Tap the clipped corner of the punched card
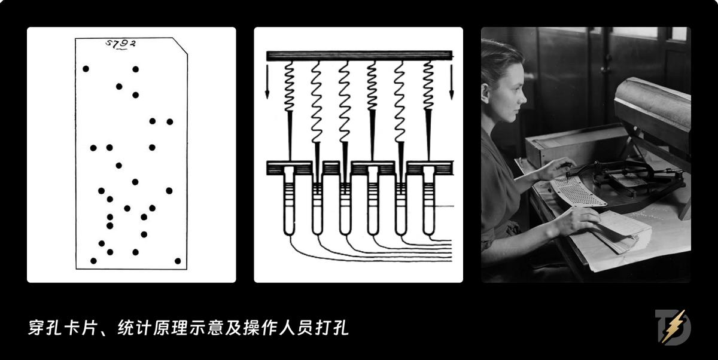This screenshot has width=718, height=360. click(x=181, y=45)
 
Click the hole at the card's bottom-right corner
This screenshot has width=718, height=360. click(x=178, y=261)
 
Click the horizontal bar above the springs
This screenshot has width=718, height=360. click(x=359, y=56)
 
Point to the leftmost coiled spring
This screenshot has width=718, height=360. click(x=288, y=87)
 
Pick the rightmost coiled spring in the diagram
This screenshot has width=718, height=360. click(x=428, y=87)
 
